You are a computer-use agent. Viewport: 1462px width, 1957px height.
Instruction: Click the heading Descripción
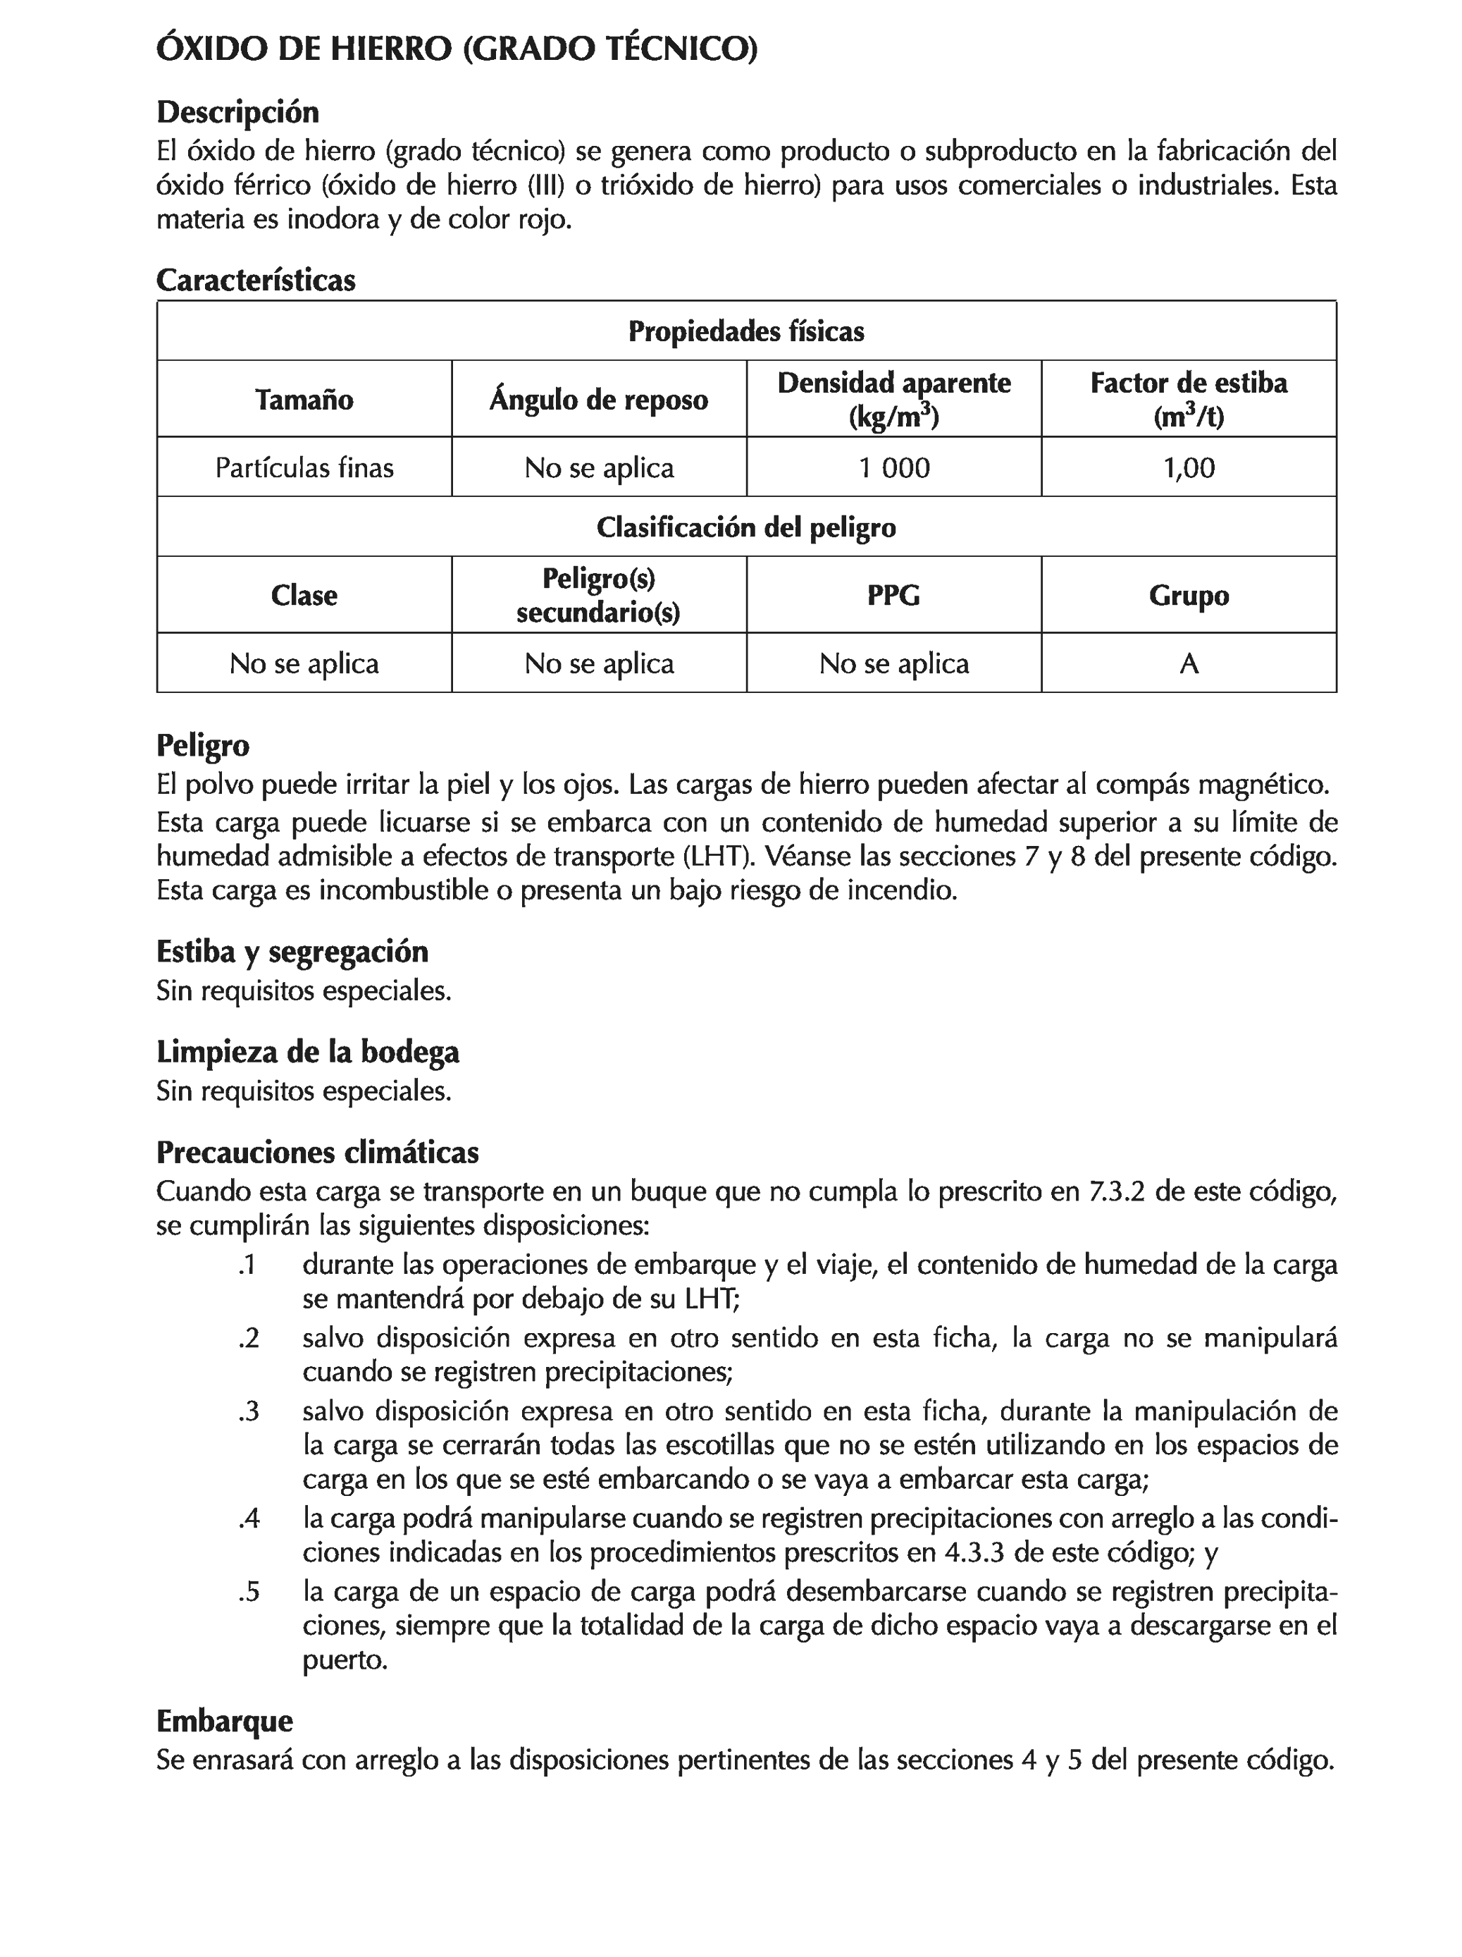click(237, 112)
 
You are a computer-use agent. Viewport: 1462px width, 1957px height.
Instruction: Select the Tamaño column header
click(304, 400)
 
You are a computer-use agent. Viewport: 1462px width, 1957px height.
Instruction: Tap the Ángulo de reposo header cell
click(599, 400)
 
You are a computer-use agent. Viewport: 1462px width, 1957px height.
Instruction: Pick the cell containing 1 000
click(893, 467)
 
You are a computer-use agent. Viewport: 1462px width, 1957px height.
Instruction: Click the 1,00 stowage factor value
click(1189, 467)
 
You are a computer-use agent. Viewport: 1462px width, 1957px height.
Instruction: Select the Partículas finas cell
click(304, 467)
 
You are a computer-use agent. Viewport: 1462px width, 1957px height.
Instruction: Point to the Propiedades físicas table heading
click(745, 332)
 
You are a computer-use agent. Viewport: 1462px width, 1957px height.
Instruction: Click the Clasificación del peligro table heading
click(745, 527)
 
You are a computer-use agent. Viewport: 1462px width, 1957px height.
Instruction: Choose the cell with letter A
click(1189, 663)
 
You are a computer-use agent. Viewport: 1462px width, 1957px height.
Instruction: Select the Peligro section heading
click(202, 745)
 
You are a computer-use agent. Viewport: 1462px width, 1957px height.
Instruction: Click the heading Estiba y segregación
click(292, 952)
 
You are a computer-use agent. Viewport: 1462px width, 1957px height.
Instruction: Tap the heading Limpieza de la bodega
click(308, 1052)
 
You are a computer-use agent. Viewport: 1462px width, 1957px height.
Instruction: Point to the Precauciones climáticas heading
click(318, 1152)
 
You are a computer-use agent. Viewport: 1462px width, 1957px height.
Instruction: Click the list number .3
click(249, 1411)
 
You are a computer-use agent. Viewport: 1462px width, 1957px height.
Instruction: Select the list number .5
click(249, 1592)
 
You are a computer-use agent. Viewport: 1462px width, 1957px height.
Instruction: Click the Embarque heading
click(225, 1721)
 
